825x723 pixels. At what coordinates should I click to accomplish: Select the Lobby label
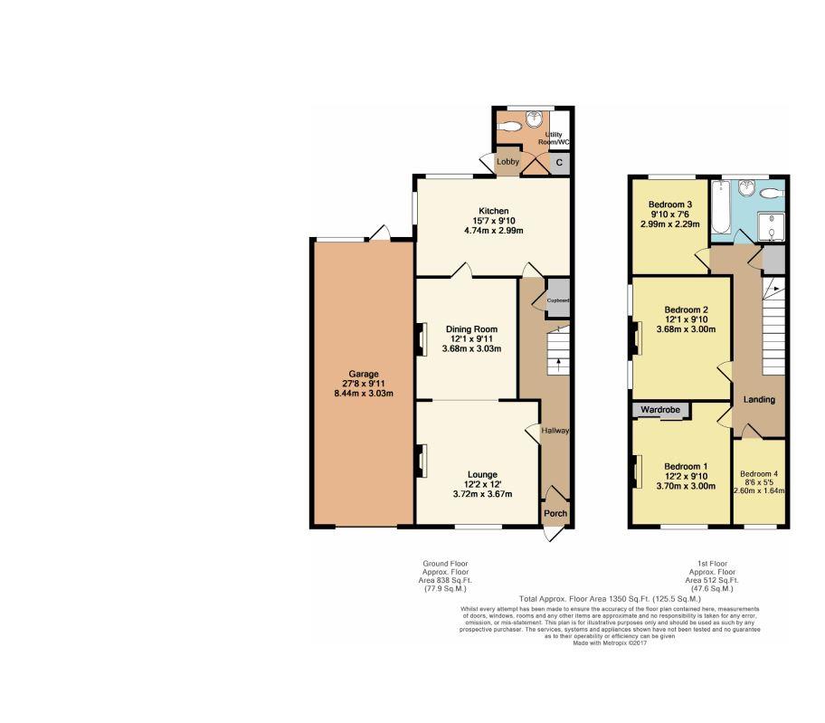point(507,162)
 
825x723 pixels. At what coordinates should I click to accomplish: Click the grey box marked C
point(559,163)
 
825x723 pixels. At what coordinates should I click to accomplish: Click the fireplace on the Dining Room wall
point(421,340)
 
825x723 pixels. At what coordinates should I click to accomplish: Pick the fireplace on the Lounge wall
point(421,461)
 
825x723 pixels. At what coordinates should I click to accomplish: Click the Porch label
point(555,514)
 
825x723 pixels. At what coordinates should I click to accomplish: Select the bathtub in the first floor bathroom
point(720,207)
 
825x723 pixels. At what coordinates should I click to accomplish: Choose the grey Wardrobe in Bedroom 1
point(660,411)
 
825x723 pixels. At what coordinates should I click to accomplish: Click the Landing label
point(759,399)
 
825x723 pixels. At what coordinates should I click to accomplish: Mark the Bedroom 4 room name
point(758,474)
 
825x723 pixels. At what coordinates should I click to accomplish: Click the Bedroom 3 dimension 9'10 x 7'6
point(670,214)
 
